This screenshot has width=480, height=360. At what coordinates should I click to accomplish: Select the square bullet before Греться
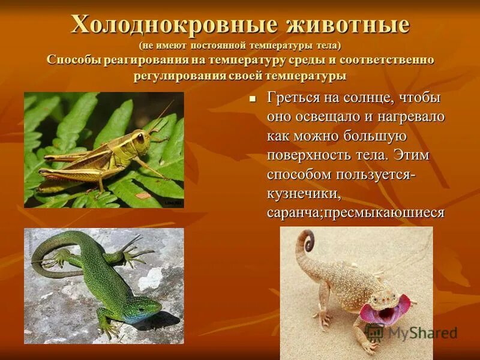pos(253,98)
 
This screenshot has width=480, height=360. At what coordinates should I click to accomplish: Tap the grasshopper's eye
pos(140,137)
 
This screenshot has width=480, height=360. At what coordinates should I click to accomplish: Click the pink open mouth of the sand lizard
pos(379,313)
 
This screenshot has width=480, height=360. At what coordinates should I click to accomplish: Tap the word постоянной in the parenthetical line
pos(220,46)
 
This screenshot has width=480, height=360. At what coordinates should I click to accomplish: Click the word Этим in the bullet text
pos(416,155)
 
